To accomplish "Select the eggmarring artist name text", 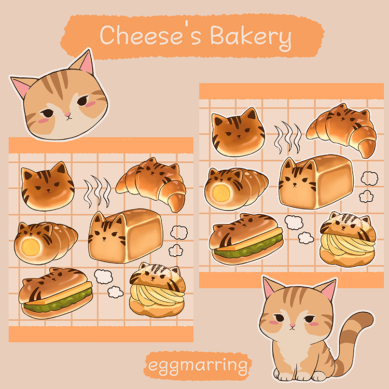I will (x=197, y=366).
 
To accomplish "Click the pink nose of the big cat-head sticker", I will (x=67, y=113).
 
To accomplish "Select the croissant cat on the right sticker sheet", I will (x=343, y=128).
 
